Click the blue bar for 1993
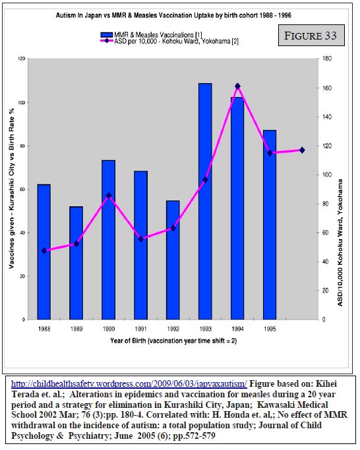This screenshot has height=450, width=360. pos(205,201)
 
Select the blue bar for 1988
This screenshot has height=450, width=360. pos(44,252)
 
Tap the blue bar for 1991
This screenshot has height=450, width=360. pos(141,245)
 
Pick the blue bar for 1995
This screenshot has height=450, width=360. pos(270,225)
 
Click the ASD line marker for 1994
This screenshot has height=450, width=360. pos(237,86)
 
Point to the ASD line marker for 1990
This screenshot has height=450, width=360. pos(109,196)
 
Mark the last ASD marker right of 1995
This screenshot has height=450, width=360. pos(302,150)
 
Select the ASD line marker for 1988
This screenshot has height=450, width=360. pos(44,251)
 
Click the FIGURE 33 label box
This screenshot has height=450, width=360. pos(311,36)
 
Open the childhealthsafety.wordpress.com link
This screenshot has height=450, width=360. pos(129,383)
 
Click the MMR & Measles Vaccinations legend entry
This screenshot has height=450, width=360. pos(151,35)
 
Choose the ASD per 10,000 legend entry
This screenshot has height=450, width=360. pos(169,41)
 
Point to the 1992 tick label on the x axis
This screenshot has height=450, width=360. pos(173,329)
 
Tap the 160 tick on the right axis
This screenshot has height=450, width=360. pos(327,88)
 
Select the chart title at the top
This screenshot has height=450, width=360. pos(173,15)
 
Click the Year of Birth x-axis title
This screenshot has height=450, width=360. pos(173,341)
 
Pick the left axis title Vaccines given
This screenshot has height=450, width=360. pos(11,188)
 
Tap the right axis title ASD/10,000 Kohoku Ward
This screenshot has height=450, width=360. pos(340,243)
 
